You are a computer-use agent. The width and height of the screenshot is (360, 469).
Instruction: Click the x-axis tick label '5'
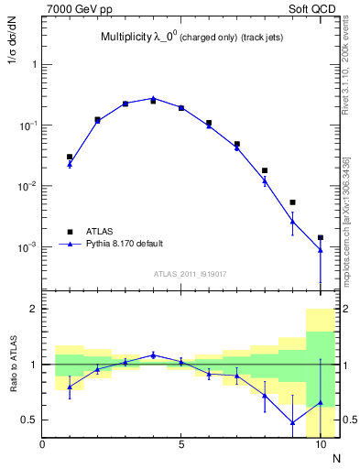181,445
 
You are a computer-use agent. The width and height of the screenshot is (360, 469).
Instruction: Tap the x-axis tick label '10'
320,445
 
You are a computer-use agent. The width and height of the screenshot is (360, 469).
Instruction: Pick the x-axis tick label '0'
42,445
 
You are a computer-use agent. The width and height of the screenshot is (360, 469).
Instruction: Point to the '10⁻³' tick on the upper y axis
28,246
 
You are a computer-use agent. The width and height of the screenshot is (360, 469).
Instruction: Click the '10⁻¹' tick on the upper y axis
28,125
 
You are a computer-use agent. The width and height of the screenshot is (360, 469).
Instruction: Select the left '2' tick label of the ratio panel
34,310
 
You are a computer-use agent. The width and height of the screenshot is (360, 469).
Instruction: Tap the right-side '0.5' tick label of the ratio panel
346,420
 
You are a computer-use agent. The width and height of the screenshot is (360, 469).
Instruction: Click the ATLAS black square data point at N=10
321,237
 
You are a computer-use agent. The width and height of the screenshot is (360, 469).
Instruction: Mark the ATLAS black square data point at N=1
70,157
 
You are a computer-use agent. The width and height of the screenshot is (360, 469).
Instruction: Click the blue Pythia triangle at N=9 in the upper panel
292,221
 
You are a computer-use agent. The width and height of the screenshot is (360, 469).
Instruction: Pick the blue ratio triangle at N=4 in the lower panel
153,354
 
